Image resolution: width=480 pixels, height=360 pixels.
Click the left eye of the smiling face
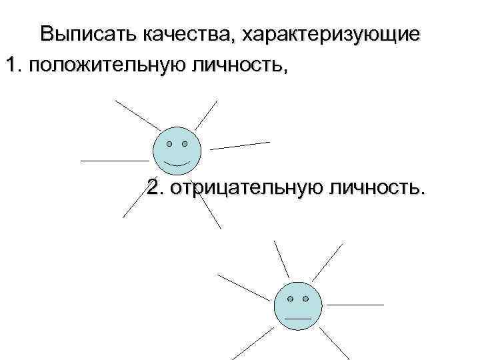tap(169, 143)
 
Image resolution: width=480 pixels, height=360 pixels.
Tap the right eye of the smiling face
tap(185, 143)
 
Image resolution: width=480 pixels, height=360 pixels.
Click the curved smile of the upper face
tap(177, 163)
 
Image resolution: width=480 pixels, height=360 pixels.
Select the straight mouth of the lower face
tap(298, 319)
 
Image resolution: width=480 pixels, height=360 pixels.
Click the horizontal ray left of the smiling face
tap(114, 161)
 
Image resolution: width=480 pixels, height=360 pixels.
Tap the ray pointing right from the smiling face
tap(240, 145)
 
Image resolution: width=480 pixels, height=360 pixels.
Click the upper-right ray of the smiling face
tap(207, 114)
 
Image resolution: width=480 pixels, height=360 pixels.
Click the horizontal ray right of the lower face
tap(355, 304)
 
